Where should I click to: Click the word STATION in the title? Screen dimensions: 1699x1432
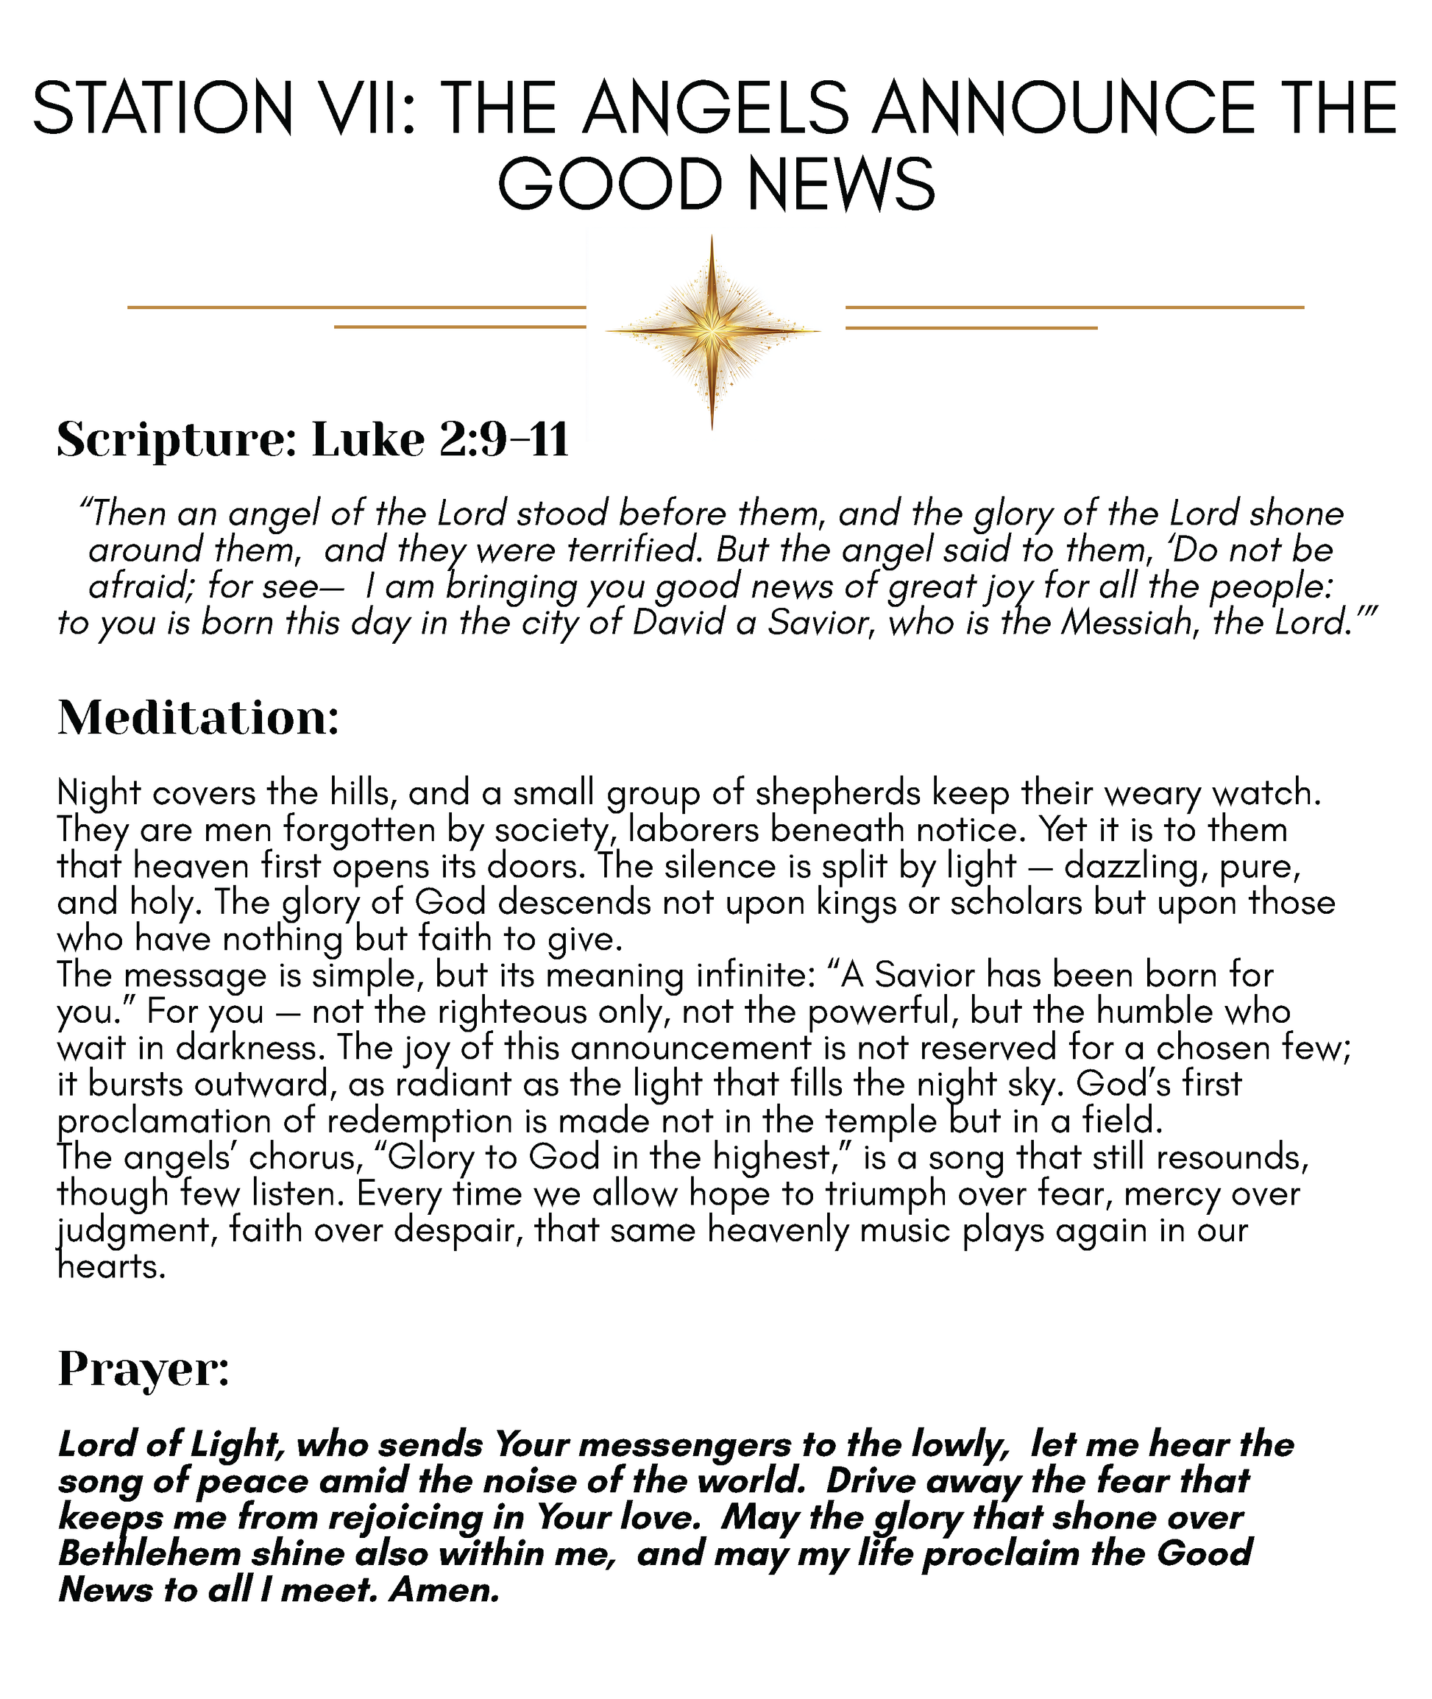[x=163, y=109]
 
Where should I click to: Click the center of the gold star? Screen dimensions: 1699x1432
[x=712, y=331]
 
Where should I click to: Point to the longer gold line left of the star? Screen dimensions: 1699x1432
[x=356, y=308]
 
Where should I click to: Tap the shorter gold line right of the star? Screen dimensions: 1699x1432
[x=971, y=328]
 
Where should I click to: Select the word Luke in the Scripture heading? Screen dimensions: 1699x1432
[x=369, y=441]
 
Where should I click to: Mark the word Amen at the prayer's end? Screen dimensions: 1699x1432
[x=443, y=1590]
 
